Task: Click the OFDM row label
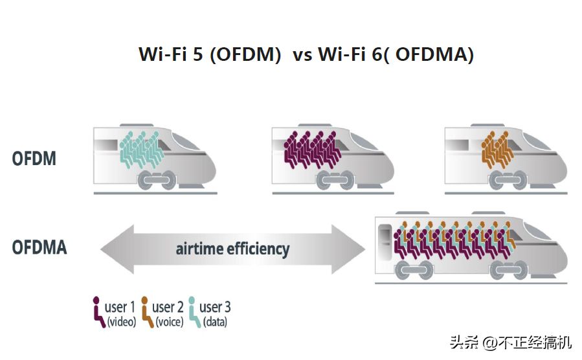34,159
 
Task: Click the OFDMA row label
39,247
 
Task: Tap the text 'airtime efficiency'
232,249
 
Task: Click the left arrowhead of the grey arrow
117,249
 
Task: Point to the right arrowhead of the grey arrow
348,249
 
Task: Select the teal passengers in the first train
141,149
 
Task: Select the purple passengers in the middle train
312,149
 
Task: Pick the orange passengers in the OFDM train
497,149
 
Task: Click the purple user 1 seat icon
98,311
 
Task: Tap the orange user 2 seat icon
147,311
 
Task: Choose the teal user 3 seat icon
194,311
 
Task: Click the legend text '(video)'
122,322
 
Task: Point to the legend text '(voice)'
169,322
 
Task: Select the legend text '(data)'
215,322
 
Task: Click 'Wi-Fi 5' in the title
171,54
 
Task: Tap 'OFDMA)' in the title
434,54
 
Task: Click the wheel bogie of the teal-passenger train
157,180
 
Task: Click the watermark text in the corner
511,342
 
